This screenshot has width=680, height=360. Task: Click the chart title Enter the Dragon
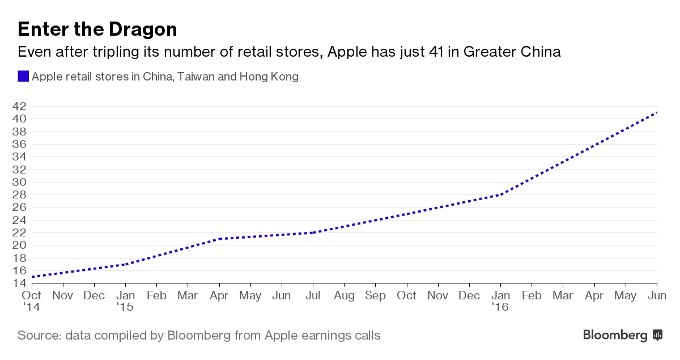tap(97, 29)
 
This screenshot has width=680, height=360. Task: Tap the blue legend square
tap(23, 77)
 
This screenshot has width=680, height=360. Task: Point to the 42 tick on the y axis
tap(19, 106)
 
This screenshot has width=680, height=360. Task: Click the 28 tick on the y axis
tap(19, 194)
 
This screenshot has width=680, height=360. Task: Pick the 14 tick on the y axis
tap(19, 283)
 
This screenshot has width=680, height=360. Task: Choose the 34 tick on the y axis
tap(19, 156)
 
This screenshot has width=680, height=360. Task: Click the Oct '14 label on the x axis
tap(31, 301)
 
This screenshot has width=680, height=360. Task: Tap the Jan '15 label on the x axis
tap(125, 301)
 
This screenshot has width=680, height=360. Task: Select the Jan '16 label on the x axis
tap(500, 301)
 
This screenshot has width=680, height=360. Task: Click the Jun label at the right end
tap(656, 295)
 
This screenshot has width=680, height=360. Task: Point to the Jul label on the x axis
tap(312, 295)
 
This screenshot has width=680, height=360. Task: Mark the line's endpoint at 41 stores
tap(657, 112)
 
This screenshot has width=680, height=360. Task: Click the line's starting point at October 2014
tap(32, 277)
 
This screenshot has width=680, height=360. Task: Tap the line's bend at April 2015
tap(219, 239)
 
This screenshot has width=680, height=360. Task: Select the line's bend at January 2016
tap(500, 194)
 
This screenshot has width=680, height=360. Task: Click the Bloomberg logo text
tap(615, 335)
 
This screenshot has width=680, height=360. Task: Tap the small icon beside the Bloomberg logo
tap(657, 335)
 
